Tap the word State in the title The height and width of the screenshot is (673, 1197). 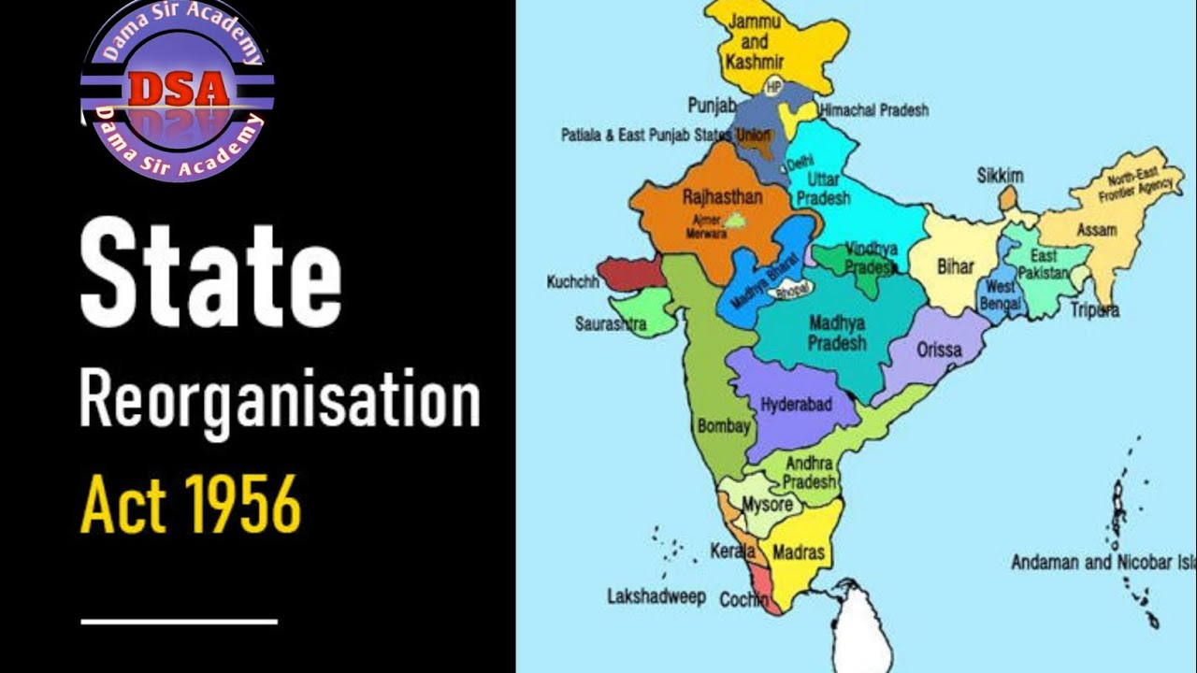tap(209, 271)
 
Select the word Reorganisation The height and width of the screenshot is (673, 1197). tap(279, 399)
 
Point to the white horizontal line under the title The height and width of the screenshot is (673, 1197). tap(180, 621)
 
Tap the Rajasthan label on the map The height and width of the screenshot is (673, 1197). tap(722, 197)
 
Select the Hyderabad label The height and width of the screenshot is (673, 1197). tap(796, 405)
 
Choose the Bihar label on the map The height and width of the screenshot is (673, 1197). tap(955, 267)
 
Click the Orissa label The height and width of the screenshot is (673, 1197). tap(940, 351)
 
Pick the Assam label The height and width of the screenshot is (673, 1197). tap(1097, 229)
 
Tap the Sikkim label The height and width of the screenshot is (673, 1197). tap(1000, 176)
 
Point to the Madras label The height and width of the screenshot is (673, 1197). tap(799, 552)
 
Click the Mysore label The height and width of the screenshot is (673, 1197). tap(767, 505)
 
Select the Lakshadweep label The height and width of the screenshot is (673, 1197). tap(656, 596)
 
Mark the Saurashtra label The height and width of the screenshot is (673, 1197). tap(610, 324)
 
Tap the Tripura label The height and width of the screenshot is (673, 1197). tap(1095, 310)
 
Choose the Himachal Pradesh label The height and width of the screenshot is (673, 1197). tap(874, 110)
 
